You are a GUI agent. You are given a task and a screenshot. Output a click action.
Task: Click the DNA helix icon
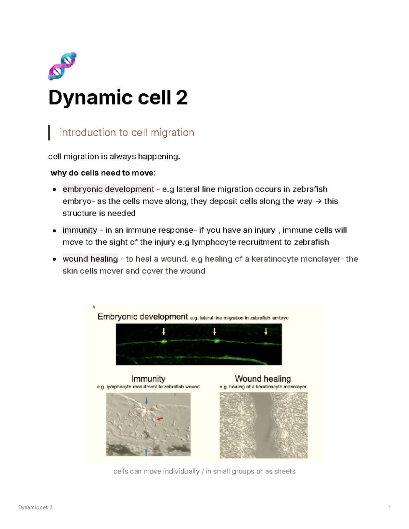click(62, 66)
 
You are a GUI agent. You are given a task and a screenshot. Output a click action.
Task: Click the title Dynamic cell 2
click(118, 97)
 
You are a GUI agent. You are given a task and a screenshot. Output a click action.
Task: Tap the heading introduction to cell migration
click(127, 133)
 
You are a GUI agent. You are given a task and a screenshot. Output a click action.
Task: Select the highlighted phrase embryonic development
click(108, 189)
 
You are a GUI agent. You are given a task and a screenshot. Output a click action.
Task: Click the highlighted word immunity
click(80, 230)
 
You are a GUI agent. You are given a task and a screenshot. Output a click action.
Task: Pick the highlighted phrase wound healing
click(90, 259)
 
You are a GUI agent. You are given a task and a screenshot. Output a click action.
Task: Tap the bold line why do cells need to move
click(103, 173)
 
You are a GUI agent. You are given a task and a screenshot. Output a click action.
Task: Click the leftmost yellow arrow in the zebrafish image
click(164, 331)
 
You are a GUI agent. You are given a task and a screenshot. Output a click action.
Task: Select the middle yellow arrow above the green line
click(215, 331)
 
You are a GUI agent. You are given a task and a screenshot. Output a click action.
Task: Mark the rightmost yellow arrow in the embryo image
click(266, 331)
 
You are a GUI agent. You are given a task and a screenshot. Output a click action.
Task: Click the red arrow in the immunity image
click(160, 419)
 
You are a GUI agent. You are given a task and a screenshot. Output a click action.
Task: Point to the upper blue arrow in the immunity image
click(147, 401)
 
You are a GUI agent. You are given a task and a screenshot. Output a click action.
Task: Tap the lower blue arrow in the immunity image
click(146, 452)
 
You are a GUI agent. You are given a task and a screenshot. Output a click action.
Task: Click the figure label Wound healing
click(263, 379)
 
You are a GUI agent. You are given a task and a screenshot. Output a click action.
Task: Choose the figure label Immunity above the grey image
click(148, 379)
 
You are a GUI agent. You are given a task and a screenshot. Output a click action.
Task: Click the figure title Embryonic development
click(142, 317)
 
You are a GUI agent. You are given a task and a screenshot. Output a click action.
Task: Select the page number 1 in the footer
click(390, 508)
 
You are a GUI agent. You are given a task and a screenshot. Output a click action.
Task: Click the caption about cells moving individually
click(204, 471)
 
